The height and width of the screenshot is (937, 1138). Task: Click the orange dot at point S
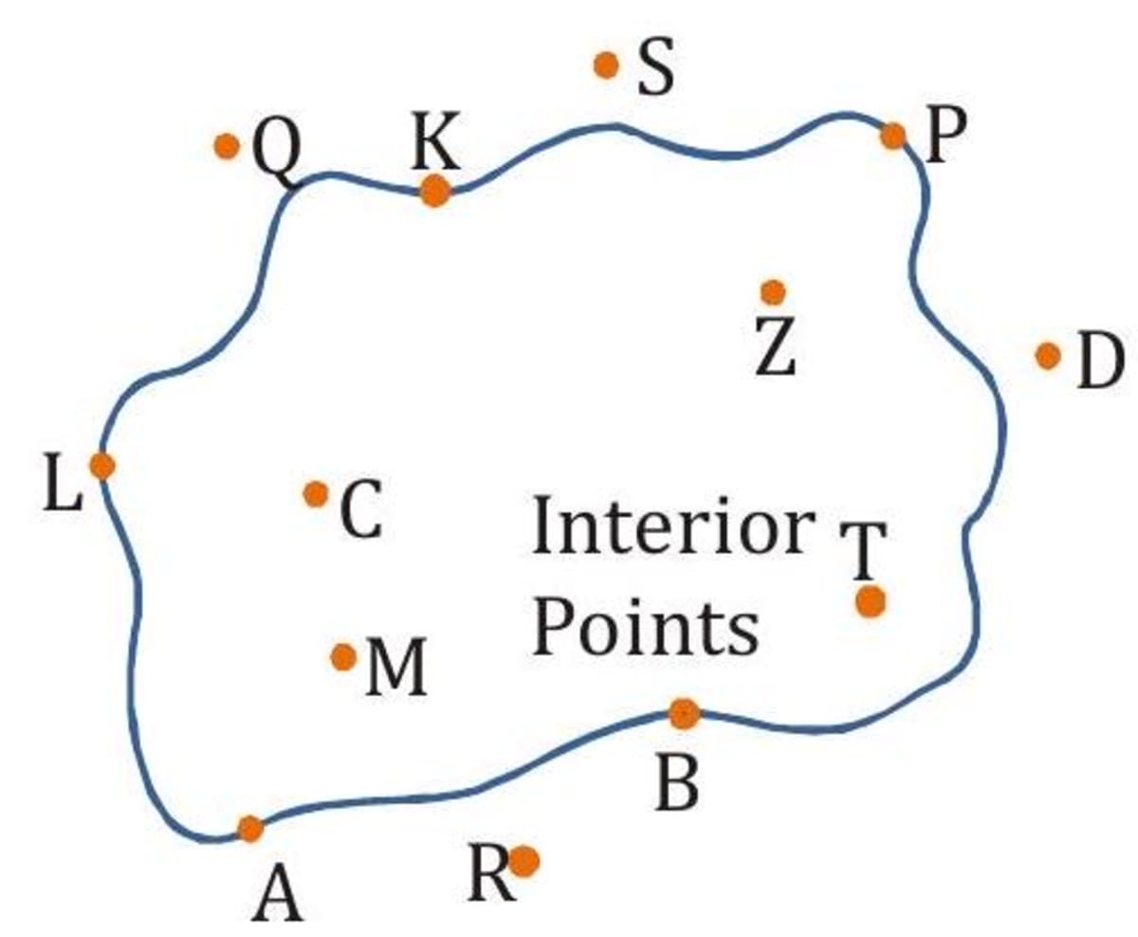pyautogui.click(x=606, y=65)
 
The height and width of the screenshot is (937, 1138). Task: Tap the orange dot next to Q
pyautogui.click(x=226, y=146)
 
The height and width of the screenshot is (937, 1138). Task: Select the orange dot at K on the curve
pyautogui.click(x=434, y=191)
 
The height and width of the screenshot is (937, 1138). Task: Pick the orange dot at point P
pyautogui.click(x=892, y=136)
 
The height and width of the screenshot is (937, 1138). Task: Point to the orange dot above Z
pyautogui.click(x=773, y=291)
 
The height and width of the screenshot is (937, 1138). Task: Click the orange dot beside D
pyautogui.click(x=1047, y=356)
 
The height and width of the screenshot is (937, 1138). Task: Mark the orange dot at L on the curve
pyautogui.click(x=102, y=466)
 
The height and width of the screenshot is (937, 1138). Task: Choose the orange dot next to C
pyautogui.click(x=316, y=493)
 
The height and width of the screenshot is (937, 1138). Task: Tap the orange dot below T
pyautogui.click(x=870, y=601)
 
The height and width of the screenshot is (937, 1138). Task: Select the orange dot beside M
pyautogui.click(x=343, y=656)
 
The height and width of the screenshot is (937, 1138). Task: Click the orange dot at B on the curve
pyautogui.click(x=683, y=713)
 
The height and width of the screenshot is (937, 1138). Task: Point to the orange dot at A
pyautogui.click(x=249, y=828)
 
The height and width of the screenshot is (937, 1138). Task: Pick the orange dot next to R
pyautogui.click(x=524, y=861)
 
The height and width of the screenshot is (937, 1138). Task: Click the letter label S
pyautogui.click(x=655, y=71)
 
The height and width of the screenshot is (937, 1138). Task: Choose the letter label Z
pyautogui.click(x=776, y=346)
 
